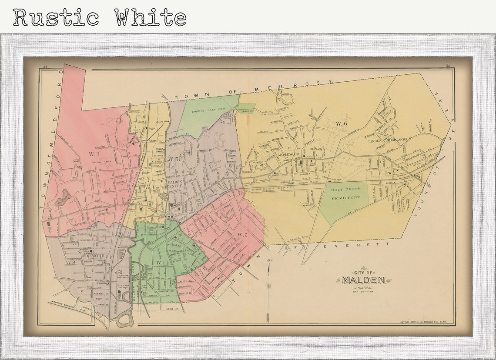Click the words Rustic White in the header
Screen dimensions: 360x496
(99, 17)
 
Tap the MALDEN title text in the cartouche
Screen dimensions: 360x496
(363, 280)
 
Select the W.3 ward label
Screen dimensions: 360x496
(94, 154)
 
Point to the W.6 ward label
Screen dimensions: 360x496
(341, 123)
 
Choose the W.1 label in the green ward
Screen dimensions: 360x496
(161, 263)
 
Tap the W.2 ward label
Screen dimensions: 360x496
(71, 262)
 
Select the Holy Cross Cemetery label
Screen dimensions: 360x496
(346, 194)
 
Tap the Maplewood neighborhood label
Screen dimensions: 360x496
(288, 154)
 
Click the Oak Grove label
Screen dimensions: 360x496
(137, 131)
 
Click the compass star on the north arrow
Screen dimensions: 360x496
(268, 285)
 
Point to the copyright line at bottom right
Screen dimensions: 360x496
(426, 322)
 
